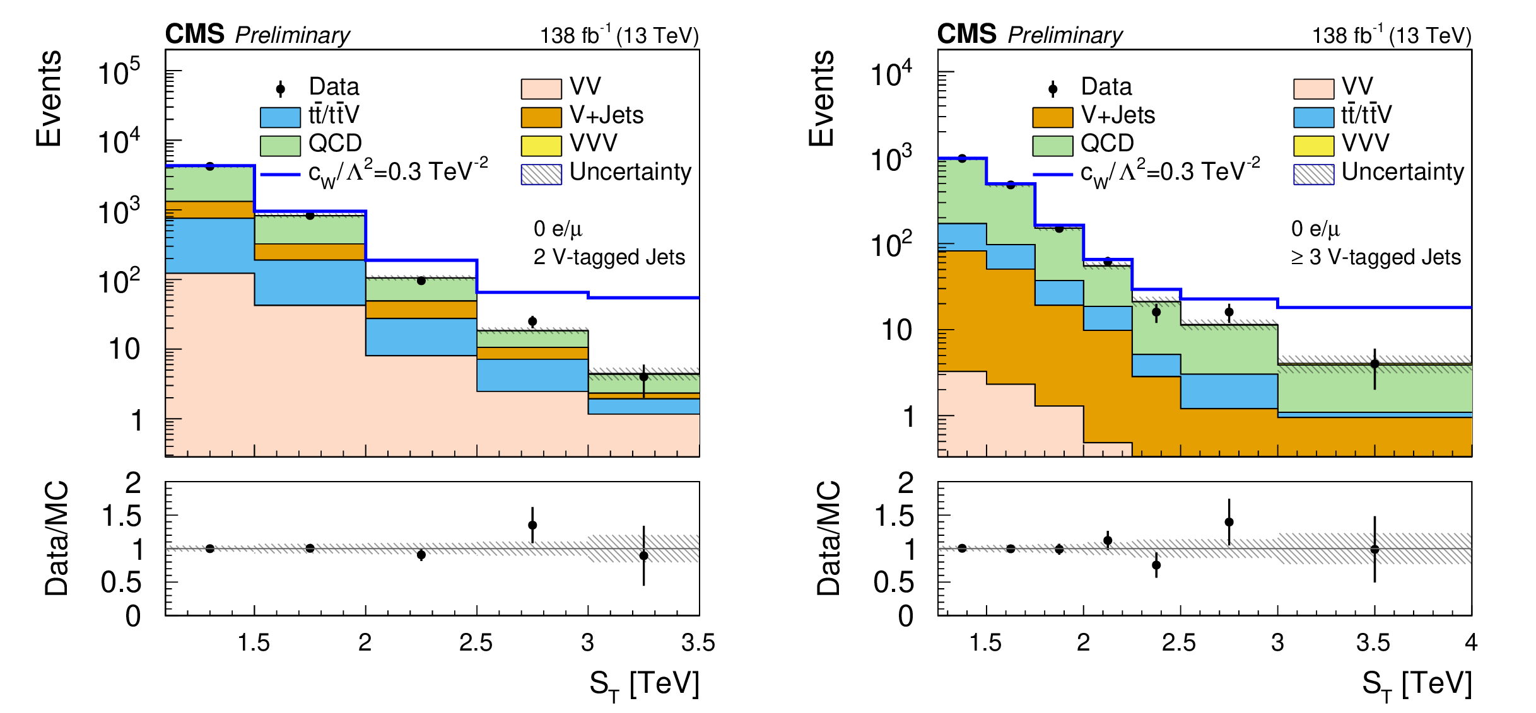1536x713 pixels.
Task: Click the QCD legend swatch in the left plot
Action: point(280,146)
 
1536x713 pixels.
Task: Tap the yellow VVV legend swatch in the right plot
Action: point(1313,146)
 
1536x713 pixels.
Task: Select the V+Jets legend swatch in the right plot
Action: point(1052,117)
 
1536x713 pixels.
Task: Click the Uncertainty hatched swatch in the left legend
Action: point(541,175)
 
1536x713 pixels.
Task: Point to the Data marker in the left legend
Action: point(281,89)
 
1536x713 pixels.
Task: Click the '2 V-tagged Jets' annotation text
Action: point(609,257)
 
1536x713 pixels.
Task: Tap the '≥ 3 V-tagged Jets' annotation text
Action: point(1375,257)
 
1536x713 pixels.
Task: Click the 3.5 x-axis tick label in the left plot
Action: point(698,643)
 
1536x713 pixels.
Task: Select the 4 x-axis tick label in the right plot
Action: point(1471,643)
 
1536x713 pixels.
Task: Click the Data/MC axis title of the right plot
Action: point(829,539)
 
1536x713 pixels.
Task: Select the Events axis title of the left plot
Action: point(49,99)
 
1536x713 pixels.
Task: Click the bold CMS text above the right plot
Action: point(966,34)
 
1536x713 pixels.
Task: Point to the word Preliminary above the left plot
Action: point(292,35)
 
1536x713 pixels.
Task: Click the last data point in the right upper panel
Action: point(1375,364)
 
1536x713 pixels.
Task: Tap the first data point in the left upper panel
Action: point(210,166)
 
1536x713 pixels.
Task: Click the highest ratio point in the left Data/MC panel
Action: point(532,525)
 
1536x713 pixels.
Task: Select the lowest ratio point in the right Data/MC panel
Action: point(1156,565)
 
